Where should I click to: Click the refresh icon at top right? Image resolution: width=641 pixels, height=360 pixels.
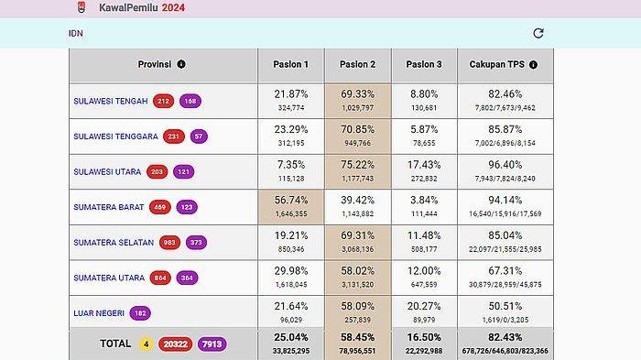tap(538, 33)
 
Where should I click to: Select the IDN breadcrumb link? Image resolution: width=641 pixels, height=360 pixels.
tap(76, 33)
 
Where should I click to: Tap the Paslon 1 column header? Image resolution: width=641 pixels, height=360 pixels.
tap(290, 64)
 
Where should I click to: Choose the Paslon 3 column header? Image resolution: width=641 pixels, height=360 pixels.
tap(424, 64)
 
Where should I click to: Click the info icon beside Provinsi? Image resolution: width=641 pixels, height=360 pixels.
tap(181, 64)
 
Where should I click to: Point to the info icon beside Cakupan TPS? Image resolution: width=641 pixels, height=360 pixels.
tap(533, 65)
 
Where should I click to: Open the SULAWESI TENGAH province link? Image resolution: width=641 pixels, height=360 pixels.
tap(110, 101)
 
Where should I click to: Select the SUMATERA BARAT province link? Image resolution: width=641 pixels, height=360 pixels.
tap(108, 207)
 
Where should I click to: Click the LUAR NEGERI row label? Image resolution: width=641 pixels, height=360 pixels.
tap(98, 313)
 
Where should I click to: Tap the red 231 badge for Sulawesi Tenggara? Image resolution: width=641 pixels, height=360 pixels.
tap(174, 136)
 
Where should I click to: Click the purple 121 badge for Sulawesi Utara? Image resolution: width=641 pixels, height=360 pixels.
tap(184, 171)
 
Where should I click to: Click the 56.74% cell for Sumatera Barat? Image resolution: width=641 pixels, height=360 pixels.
tap(290, 201)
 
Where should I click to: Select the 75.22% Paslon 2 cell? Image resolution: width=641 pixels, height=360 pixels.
tap(357, 165)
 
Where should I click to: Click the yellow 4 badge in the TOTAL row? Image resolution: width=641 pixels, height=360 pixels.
tap(146, 344)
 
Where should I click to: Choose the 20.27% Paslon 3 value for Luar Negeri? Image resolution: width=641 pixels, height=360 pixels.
tap(424, 307)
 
